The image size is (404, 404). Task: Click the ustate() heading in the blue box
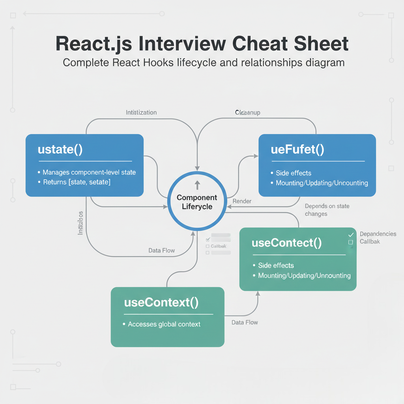pyautogui.click(x=60, y=150)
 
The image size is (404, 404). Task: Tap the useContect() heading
pyautogui.click(x=286, y=243)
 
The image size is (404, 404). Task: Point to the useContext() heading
pyautogui.click(x=161, y=303)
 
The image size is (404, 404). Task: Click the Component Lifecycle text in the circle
pyautogui.click(x=197, y=202)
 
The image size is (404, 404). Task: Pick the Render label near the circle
pyautogui.click(x=242, y=201)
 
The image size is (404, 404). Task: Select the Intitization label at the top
pyautogui.click(x=141, y=112)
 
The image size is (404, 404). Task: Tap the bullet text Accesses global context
pyautogui.click(x=164, y=324)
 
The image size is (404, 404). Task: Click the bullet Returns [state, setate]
pyautogui.click(x=77, y=182)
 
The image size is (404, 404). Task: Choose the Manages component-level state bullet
pyautogui.click(x=89, y=172)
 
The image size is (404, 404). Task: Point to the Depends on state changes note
pyautogui.click(x=327, y=210)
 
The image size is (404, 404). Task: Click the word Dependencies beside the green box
pyautogui.click(x=378, y=234)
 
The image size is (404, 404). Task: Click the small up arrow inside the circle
pyautogui.click(x=197, y=185)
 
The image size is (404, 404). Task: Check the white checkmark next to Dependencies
pyautogui.click(x=351, y=235)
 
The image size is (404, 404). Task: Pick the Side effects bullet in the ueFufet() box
pyautogui.click(x=293, y=173)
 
